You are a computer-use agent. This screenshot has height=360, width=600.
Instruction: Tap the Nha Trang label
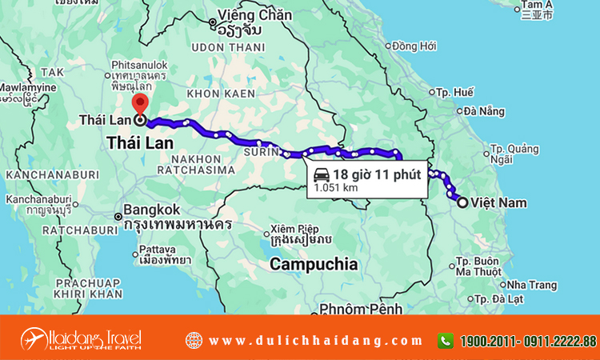point(526,284)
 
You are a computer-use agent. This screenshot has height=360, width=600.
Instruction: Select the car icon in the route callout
point(320,174)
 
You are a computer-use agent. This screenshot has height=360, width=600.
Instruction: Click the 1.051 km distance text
point(335,187)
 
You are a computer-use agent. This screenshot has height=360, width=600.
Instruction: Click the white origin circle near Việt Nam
point(462,203)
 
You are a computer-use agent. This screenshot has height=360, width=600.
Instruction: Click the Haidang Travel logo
point(81,338)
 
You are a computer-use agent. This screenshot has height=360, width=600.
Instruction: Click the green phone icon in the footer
point(445,340)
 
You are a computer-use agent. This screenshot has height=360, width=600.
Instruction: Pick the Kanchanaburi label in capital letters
point(52,174)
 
